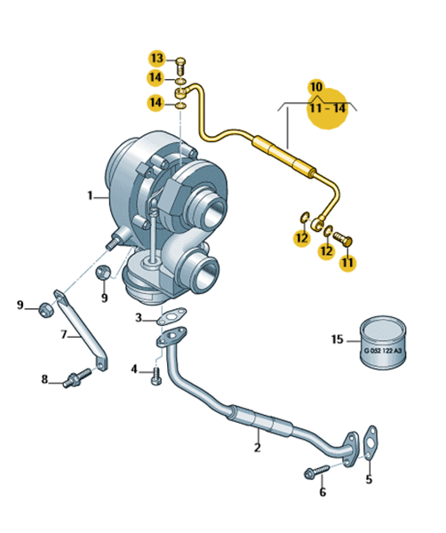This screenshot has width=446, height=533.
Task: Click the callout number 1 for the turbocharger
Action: click(x=90, y=195)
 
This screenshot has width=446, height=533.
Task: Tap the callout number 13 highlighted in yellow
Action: click(x=157, y=58)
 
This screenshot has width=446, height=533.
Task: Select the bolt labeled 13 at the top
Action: click(x=181, y=67)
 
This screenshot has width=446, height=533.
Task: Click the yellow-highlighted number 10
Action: click(x=316, y=87)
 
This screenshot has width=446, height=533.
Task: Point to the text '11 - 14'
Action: click(x=328, y=108)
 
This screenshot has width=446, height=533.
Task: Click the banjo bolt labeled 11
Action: click(x=342, y=238)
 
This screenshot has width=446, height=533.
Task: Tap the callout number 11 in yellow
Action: click(x=347, y=263)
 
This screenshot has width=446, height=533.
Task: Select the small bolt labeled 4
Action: click(x=156, y=376)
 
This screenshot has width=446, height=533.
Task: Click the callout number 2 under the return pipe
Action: click(x=258, y=448)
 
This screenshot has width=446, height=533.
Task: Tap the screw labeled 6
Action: click(x=317, y=471)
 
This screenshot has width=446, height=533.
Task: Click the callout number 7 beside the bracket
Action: click(x=64, y=335)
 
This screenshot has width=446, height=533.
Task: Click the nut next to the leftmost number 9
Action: click(x=45, y=309)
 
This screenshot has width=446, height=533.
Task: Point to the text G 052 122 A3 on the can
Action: click(x=382, y=351)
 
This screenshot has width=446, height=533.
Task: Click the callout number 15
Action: click(x=338, y=339)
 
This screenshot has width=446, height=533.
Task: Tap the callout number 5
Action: click(x=369, y=479)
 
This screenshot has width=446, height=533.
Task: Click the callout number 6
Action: click(x=323, y=492)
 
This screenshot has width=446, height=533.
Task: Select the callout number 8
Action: click(x=44, y=379)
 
